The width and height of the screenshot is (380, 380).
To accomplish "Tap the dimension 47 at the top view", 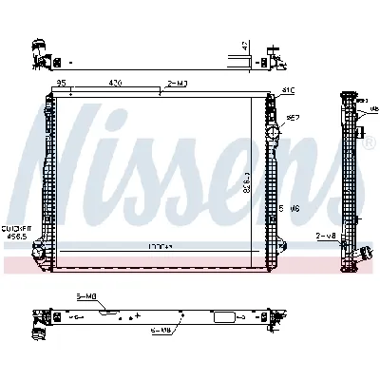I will coord(245,45).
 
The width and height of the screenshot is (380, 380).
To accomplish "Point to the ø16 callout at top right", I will coord(288,92).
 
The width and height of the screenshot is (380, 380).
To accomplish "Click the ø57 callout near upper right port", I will coord(294,117).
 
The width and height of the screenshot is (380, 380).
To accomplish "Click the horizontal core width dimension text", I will coord(158,246).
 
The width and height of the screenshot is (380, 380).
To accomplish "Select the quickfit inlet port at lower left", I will coord(41,252).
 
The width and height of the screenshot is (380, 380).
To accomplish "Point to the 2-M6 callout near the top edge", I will coord(176,84).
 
